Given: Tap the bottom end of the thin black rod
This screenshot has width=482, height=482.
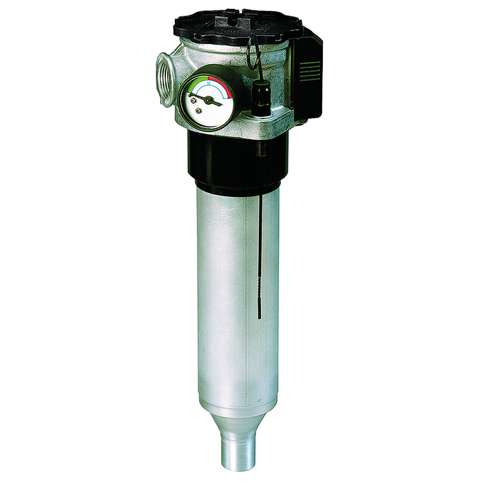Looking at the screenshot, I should [258, 316].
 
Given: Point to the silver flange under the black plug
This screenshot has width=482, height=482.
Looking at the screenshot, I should [265, 120].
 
